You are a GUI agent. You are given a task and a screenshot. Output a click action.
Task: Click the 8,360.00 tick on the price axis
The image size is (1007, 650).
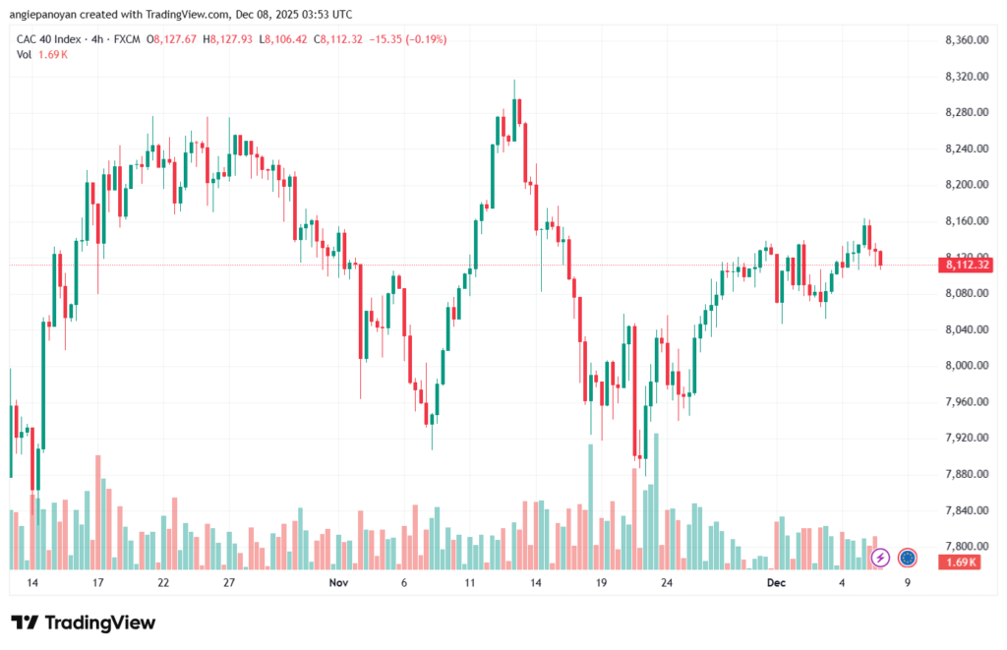click(965, 39)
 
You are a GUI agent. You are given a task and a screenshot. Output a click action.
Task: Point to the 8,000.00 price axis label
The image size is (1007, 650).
click(965, 366)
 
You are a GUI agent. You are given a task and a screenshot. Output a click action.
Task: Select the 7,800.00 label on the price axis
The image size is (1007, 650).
click(965, 547)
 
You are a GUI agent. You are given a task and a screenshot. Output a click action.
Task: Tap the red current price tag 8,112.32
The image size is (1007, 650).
click(965, 265)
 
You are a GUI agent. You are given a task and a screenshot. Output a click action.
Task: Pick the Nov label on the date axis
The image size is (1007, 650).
click(338, 582)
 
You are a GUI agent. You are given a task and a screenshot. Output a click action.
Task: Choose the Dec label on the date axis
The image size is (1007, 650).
click(777, 582)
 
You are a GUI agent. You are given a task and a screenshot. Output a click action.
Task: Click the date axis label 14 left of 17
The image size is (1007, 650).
click(32, 582)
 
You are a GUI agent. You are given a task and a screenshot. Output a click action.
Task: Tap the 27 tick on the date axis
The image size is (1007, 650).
click(228, 582)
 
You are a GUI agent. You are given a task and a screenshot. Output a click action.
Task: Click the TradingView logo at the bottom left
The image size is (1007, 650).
click(83, 622)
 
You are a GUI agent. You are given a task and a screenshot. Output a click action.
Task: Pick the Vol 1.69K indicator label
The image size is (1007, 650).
click(40, 54)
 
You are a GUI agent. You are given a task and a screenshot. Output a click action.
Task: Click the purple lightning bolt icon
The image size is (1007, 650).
click(880, 558)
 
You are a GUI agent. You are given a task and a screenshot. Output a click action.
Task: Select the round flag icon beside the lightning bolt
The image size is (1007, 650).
click(907, 558)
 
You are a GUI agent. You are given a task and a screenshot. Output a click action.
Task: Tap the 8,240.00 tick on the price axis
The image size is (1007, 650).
click(965, 148)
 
